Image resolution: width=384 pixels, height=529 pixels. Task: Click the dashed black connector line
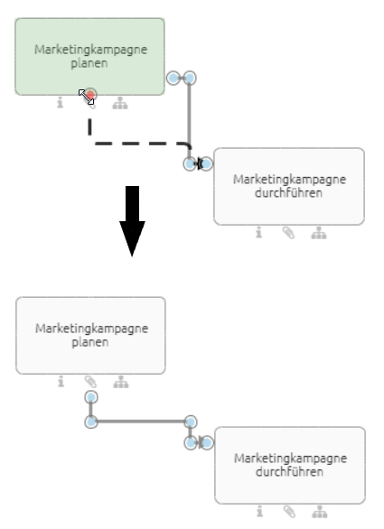(136, 143)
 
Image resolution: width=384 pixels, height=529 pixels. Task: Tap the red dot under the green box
(90, 95)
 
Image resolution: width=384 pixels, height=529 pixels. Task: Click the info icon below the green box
(61, 103)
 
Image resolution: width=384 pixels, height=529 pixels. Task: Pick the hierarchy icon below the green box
(120, 103)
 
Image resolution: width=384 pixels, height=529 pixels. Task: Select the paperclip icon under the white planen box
(90, 382)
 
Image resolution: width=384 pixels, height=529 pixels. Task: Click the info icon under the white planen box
(61, 382)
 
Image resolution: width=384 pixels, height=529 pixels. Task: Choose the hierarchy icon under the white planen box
(120, 382)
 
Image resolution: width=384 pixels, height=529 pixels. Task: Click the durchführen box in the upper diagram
(289, 186)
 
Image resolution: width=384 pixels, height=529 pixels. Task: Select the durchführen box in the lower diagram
(289, 465)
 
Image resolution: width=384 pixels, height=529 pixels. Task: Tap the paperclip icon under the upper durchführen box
(288, 233)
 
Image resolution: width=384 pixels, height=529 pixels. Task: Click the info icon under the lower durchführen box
(259, 512)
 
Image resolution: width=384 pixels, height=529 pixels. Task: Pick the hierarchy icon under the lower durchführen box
(318, 512)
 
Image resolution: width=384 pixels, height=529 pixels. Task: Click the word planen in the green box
(90, 63)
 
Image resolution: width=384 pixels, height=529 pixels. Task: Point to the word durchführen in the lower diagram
(290, 472)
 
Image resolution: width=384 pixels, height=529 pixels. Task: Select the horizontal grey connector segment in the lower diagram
(140, 422)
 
